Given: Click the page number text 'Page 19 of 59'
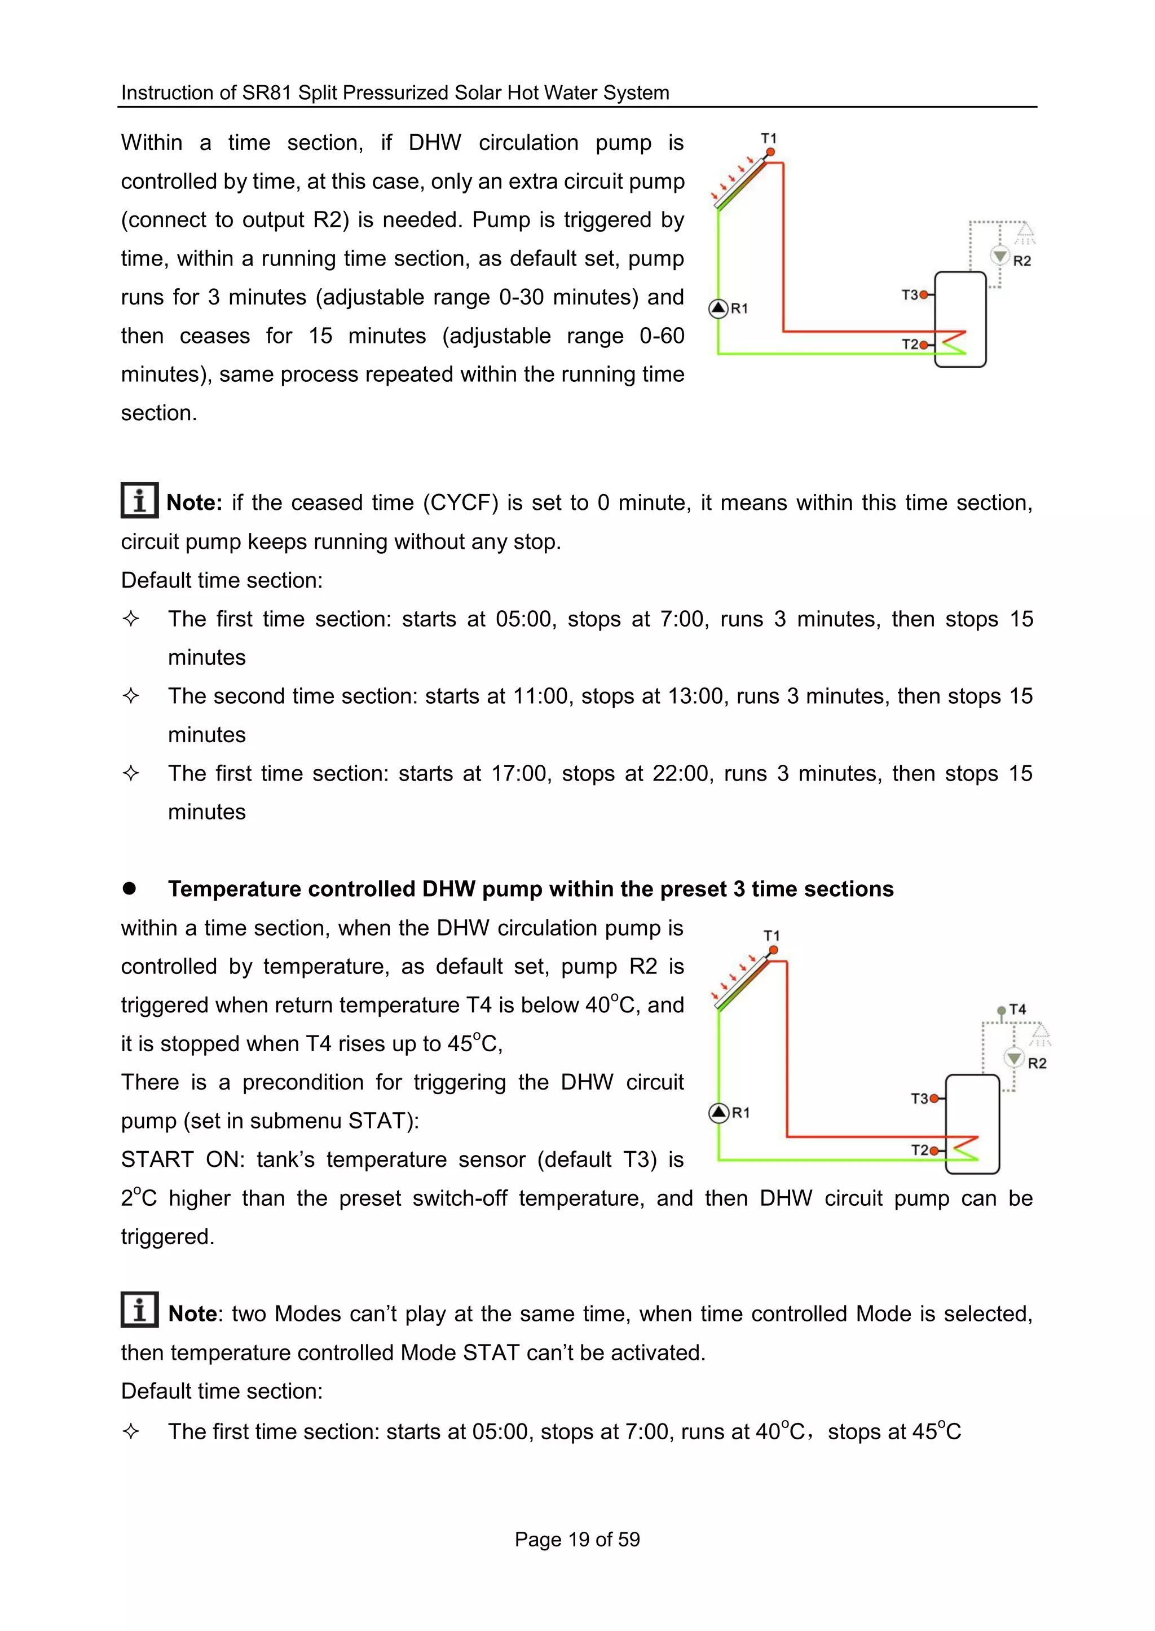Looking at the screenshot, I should click(577, 1539).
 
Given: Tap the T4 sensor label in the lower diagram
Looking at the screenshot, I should click(1018, 1010).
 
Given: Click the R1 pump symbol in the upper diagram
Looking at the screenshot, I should click(718, 308).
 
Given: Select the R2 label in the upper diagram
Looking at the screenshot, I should click(1022, 261).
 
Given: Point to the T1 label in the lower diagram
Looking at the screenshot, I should click(772, 936).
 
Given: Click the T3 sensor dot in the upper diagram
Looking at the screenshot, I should click(923, 294).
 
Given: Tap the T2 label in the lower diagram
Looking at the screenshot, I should click(920, 1150).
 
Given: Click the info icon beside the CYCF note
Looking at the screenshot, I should click(139, 500).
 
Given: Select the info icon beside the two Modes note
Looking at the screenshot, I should click(139, 1310).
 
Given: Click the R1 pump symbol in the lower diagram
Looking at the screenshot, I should click(719, 1113).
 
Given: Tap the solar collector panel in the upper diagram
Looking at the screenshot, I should click(742, 183).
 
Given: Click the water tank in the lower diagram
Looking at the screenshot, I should click(973, 1124).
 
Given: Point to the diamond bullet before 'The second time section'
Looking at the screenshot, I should click(131, 695).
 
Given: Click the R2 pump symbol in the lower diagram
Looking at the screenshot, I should click(1014, 1057).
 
